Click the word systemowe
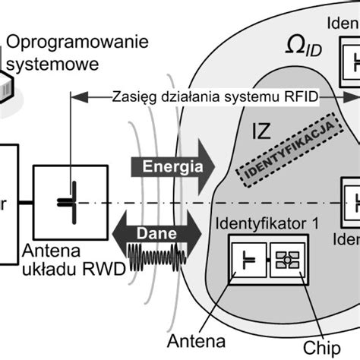point(61,65)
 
